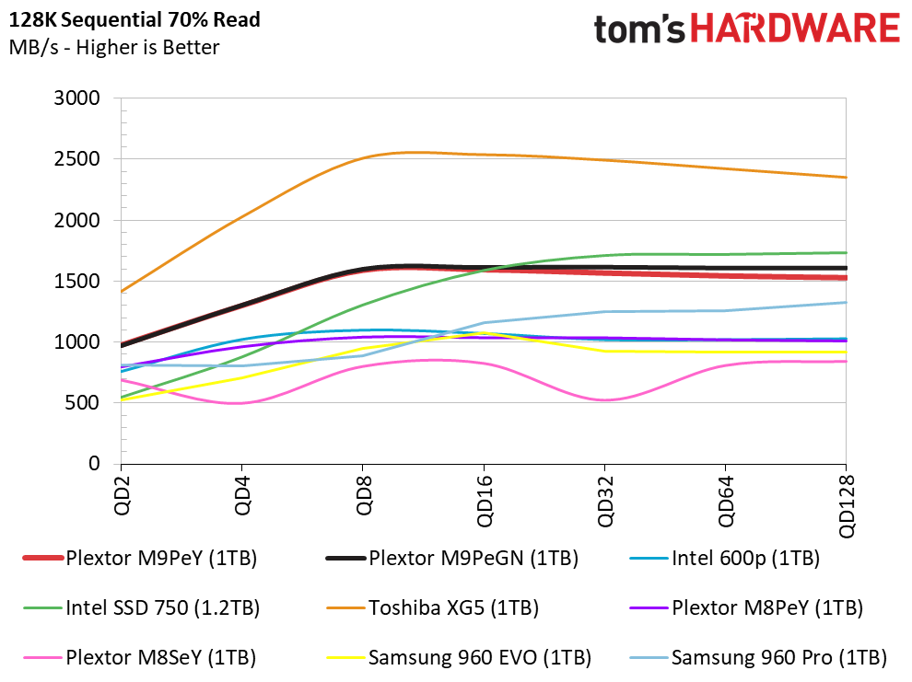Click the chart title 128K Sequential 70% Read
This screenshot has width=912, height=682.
click(134, 19)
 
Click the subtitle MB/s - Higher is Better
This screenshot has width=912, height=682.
click(114, 47)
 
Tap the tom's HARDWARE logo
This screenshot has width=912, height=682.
click(747, 29)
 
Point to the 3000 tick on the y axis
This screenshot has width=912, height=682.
click(76, 98)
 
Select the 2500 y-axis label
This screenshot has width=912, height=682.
click(76, 158)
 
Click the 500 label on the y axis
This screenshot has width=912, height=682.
click(83, 402)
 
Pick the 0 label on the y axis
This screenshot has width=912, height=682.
click(94, 463)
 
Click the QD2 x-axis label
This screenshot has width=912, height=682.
click(122, 495)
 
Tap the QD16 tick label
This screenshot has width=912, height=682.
click(484, 501)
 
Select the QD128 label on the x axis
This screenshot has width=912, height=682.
click(847, 506)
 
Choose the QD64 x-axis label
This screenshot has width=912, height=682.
click(725, 501)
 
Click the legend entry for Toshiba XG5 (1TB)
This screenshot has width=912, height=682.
click(433, 607)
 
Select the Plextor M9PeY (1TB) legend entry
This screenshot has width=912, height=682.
click(140, 559)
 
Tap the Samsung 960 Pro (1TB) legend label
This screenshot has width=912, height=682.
click(758, 657)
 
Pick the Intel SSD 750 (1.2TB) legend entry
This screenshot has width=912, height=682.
click(141, 607)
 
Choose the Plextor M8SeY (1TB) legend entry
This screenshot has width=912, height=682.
click(140, 657)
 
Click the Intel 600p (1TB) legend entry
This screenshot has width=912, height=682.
click(725, 559)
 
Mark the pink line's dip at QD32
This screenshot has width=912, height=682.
click(605, 400)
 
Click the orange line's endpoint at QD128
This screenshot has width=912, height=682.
click(846, 178)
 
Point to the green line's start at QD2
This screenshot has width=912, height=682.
click(122, 398)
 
